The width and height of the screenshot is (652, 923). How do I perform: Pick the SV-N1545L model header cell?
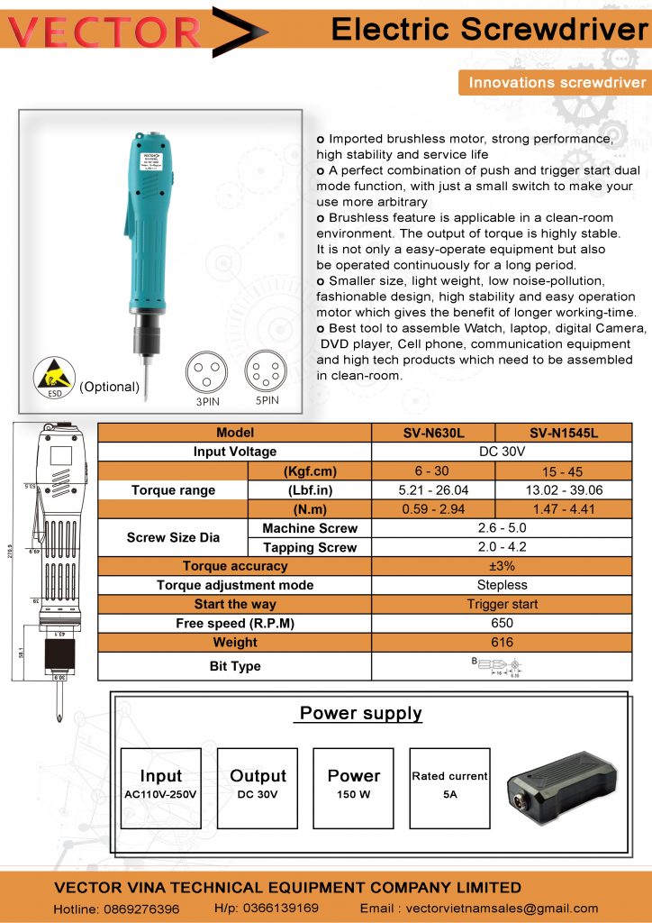coord(564,433)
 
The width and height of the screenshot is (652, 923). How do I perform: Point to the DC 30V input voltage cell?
coord(502,452)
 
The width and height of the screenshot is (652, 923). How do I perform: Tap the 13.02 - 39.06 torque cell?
coord(564,490)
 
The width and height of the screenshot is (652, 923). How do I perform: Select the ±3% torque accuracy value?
coord(502,566)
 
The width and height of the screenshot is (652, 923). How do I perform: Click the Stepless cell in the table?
coord(502,585)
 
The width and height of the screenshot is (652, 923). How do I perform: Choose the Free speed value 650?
coord(502,623)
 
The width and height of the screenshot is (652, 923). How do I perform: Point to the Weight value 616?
coord(502,643)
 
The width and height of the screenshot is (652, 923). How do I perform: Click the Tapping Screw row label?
coord(309,547)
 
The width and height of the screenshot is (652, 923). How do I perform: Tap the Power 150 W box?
coord(353,787)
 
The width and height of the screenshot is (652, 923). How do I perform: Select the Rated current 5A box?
coord(449,787)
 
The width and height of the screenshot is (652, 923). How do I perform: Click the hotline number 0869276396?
coord(117,909)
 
